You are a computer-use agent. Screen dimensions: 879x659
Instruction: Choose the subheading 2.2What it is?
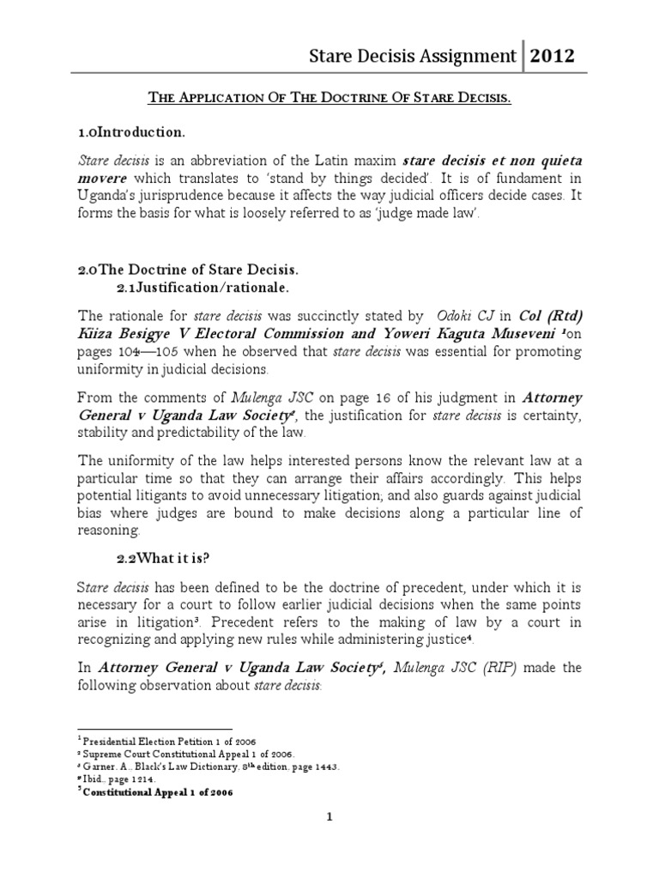(163, 558)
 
